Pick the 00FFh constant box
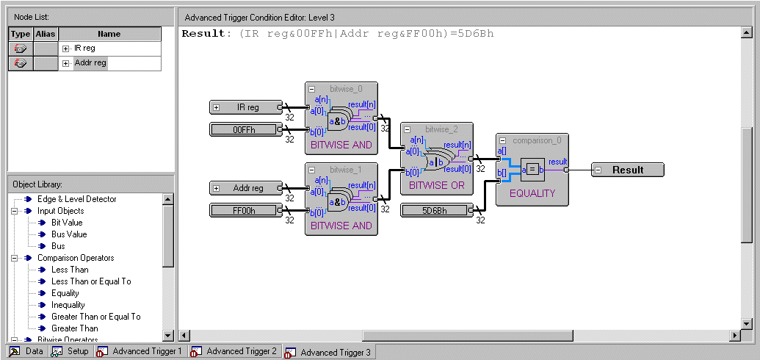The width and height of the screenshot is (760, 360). coord(243,130)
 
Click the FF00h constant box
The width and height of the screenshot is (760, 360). coord(243,211)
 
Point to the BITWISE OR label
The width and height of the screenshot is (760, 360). coord(436,186)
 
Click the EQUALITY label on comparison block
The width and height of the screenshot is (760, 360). coord(532,194)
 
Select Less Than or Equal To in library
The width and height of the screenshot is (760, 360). coord(91,281)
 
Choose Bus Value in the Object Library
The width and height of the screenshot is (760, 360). coord(69,234)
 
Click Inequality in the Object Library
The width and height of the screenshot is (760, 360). coord(68,305)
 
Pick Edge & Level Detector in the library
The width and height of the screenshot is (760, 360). coord(76,199)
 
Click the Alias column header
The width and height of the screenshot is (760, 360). coord(46,34)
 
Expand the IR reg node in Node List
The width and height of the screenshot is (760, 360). coord(66,48)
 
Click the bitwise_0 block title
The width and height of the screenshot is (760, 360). coord(346,89)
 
